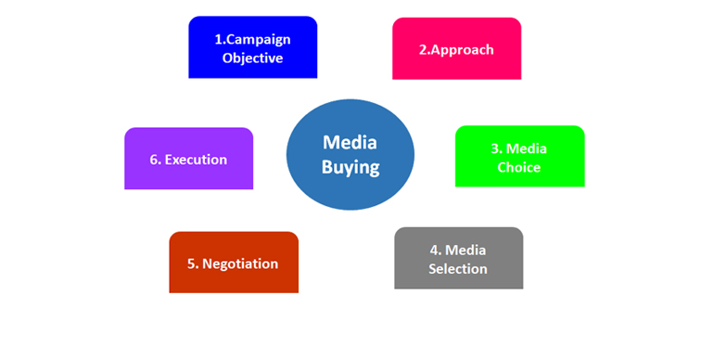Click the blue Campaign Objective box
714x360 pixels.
(252, 48)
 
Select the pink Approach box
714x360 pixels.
(456, 49)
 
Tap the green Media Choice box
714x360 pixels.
(519, 157)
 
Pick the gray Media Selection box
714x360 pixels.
(458, 259)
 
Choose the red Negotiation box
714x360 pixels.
(233, 263)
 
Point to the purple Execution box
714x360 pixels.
(188, 159)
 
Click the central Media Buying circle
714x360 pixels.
(351, 154)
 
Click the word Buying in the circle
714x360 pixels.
(351, 168)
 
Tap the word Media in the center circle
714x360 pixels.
(351, 142)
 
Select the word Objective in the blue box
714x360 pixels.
(252, 58)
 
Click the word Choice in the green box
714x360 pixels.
(519, 168)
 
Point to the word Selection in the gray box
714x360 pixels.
(458, 269)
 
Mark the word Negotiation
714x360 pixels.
(240, 264)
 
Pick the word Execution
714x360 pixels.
(196, 160)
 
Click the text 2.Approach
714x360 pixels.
(456, 49)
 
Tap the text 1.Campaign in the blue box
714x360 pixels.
(252, 39)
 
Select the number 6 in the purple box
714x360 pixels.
(154, 160)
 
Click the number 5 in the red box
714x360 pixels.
(191, 264)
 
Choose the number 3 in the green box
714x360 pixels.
(494, 148)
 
